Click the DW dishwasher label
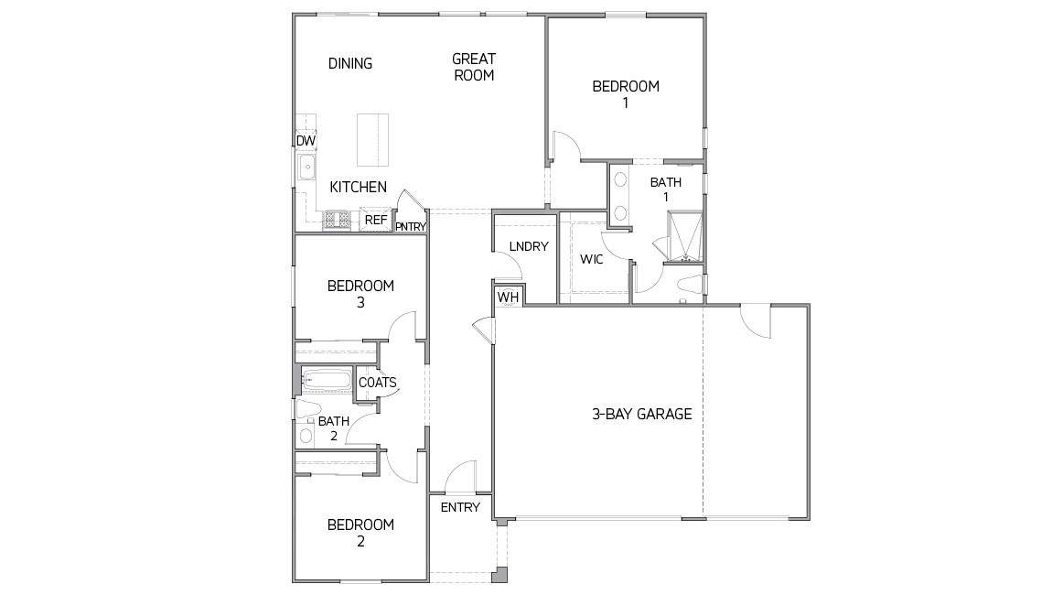[x=305, y=140]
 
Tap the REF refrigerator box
[x=375, y=220]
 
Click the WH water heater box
[x=508, y=297]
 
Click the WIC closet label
[x=591, y=259]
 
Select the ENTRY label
[x=460, y=507]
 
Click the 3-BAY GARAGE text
[x=641, y=414]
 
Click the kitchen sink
[x=307, y=168]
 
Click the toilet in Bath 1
[x=688, y=285]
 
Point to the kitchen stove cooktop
[x=337, y=220]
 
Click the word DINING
[x=350, y=63]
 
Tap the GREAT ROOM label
[x=474, y=67]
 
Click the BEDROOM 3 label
[x=360, y=293]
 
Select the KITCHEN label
[x=358, y=187]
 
